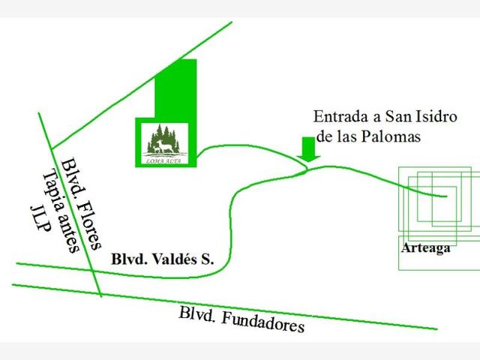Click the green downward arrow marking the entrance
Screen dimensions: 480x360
pos(308,149)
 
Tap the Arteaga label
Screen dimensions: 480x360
pos(426,248)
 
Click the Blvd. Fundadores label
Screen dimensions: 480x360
pos(241,320)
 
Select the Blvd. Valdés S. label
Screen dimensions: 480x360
pos(162,259)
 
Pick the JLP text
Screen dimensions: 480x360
pos(40,219)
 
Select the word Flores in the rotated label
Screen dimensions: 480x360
pos(89,226)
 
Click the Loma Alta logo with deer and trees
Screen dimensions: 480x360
pos(165,142)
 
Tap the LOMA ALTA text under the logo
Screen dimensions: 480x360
pos(165,160)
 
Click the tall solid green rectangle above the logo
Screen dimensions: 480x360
pos(175,88)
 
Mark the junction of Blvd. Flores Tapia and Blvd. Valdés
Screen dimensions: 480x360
pos(93,271)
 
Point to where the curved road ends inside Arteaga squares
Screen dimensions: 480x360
pos(446,196)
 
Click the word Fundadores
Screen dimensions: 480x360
pos(262,322)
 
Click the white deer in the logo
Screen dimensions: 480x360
pos(166,146)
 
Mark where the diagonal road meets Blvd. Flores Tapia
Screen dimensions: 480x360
pos(52,148)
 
